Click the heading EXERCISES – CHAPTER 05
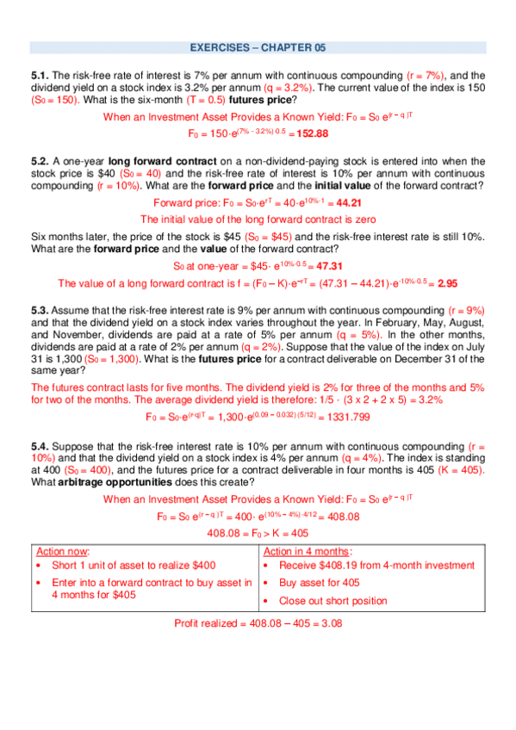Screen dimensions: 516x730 tap(258, 48)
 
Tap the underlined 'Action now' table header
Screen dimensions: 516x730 tap(63, 551)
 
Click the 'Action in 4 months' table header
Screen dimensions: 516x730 tap(308, 551)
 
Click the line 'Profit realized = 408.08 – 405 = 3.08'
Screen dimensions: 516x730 tap(258, 622)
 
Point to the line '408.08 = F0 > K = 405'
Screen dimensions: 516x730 tap(258, 533)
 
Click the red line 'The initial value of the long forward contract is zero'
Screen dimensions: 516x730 tap(258, 219)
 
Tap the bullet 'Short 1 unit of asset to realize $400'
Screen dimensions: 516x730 tap(134, 566)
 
